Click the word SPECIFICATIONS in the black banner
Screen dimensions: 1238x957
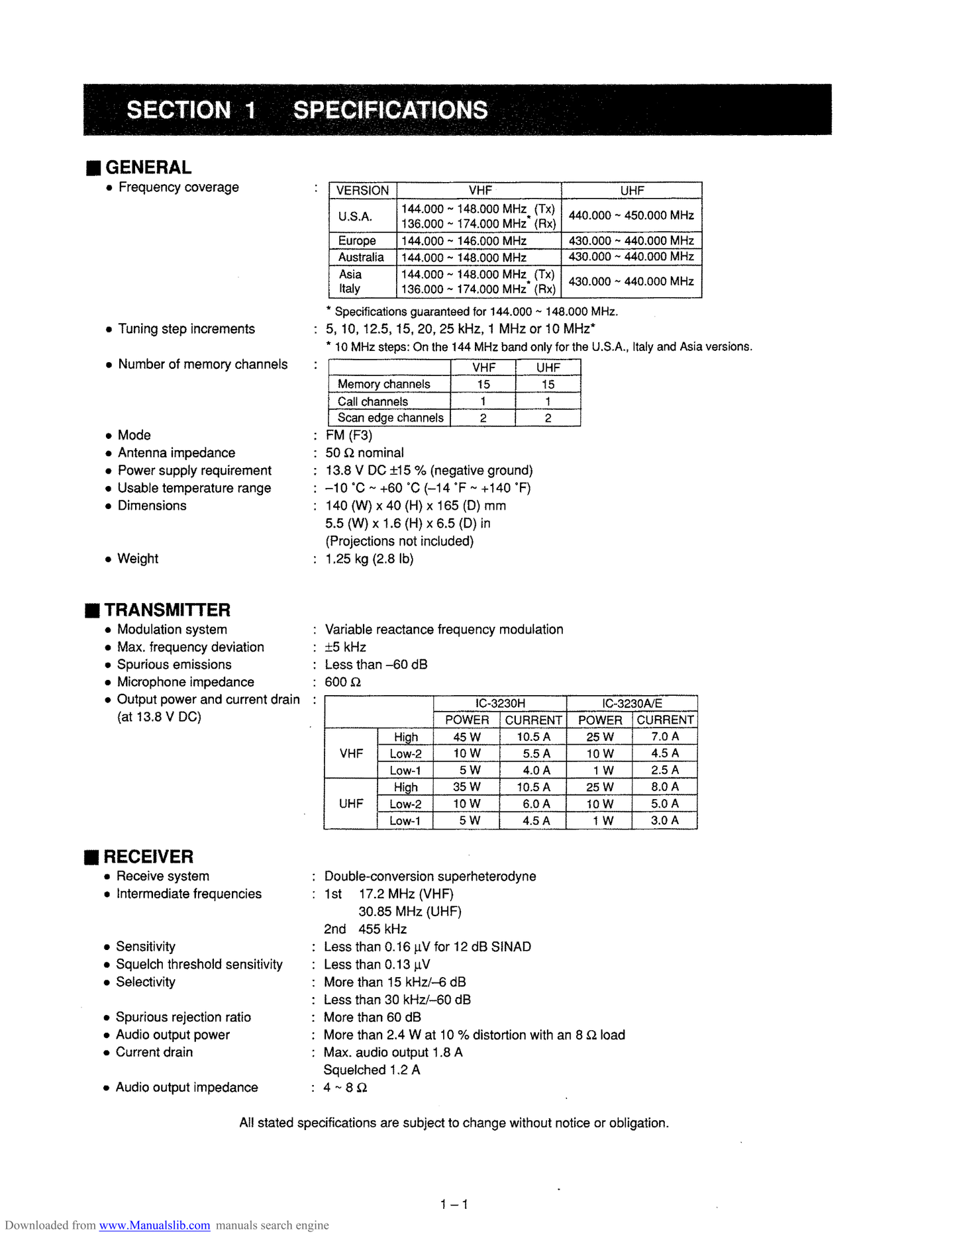coord(390,110)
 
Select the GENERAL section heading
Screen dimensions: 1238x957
coord(148,167)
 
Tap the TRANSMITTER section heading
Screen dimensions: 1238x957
coord(167,610)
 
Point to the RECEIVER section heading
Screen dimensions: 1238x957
coord(148,857)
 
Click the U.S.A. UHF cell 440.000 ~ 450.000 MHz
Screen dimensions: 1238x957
coord(631,216)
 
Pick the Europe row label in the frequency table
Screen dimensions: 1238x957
coord(357,241)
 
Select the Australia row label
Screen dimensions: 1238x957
coord(361,258)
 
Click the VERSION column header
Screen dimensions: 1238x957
coord(362,191)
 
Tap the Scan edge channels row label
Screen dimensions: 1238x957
coord(390,418)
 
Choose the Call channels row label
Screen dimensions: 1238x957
coord(373,401)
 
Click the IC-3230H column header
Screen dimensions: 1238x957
coord(500,704)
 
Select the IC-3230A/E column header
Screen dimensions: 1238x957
coord(632,704)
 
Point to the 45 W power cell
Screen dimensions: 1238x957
coord(467,737)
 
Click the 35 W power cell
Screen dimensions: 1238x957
coord(467,787)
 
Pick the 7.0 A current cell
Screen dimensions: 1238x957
coord(665,737)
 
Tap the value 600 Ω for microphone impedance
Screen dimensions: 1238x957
coord(342,683)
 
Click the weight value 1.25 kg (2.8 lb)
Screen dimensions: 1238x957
coord(370,559)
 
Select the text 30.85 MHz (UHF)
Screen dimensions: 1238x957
coord(409,912)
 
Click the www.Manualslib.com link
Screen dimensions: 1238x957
coord(154,1225)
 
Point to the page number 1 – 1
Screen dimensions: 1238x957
coord(454,1204)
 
